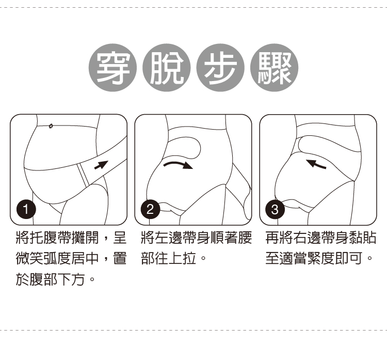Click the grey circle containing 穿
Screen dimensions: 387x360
pos(112,68)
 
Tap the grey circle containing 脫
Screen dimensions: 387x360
pos(167,68)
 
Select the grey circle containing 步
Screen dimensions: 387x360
pos(220,68)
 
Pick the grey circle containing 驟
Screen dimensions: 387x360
pos(274,68)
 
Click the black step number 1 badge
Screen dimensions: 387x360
pos(26,209)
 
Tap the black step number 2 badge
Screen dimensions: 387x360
pos(150,209)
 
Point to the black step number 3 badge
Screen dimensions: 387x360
pos(275,209)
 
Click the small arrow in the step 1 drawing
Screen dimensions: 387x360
pos(102,165)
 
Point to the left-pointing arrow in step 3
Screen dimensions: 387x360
pos(316,164)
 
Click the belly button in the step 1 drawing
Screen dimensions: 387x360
pos(51,126)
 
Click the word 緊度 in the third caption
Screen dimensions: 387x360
pos(321,258)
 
